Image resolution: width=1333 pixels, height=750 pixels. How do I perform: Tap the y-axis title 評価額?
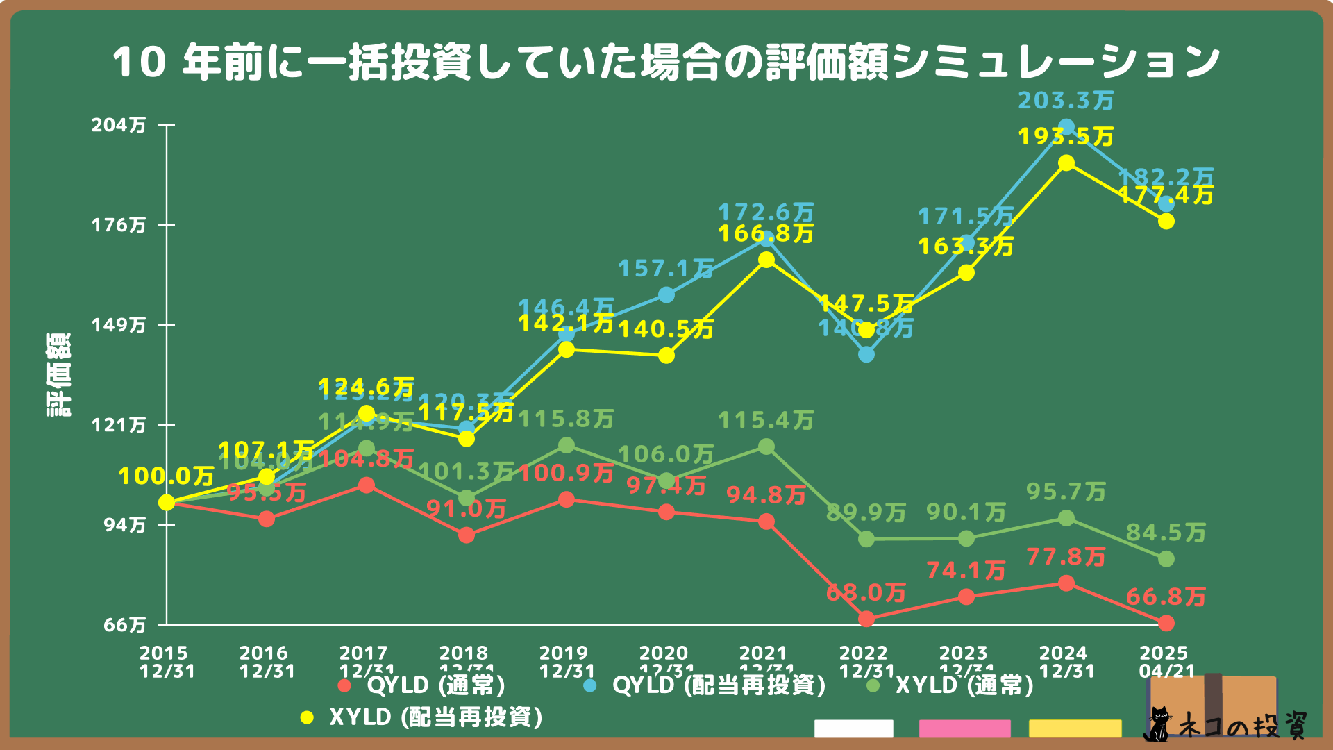[59, 375]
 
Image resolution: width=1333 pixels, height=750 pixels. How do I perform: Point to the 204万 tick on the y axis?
[119, 125]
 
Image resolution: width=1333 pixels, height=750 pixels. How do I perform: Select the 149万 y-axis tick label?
[119, 325]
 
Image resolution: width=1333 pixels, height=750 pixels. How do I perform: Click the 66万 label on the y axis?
[125, 625]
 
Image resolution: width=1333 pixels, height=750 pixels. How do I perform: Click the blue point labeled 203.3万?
[1066, 128]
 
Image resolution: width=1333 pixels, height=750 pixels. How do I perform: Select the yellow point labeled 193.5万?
[1066, 163]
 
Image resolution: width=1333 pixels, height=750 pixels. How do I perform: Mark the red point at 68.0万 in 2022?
[866, 619]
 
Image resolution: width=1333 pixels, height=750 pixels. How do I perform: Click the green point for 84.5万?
[1166, 559]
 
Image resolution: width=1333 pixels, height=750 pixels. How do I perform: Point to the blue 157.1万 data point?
[666, 295]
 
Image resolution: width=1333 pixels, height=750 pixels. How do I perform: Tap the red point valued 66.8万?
[1166, 623]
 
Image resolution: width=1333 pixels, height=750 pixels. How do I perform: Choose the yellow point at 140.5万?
[666, 356]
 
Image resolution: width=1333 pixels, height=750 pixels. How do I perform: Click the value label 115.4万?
[765, 421]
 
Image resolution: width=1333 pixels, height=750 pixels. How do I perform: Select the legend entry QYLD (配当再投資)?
[719, 686]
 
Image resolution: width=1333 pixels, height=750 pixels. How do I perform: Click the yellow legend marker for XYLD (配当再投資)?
[307, 717]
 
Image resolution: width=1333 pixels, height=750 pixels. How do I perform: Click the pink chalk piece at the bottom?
[964, 728]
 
